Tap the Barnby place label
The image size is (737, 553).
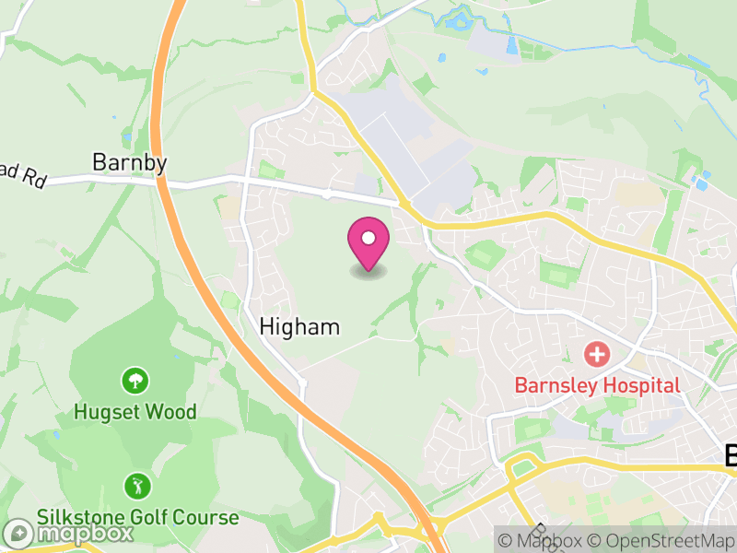click(x=130, y=163)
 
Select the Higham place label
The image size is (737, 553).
click(x=299, y=326)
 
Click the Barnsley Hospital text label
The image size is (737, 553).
click(x=596, y=385)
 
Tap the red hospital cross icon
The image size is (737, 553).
click(x=597, y=353)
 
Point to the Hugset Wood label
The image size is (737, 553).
click(x=135, y=411)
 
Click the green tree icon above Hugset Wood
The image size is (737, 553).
click(x=135, y=379)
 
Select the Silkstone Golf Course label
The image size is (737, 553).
click(x=137, y=517)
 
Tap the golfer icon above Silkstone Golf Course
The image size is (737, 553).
click(x=136, y=485)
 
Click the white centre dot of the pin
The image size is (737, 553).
click(x=368, y=239)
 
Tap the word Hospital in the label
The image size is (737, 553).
click(x=641, y=385)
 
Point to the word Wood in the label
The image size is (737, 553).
click(x=171, y=411)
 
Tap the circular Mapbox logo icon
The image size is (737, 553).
click(x=18, y=534)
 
